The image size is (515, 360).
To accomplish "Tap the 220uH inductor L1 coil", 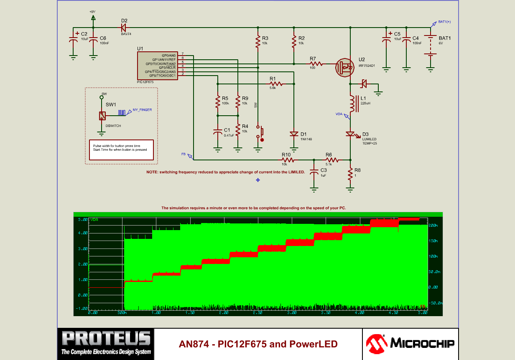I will coord(352,104).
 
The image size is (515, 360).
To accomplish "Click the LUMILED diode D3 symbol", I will coord(350,134).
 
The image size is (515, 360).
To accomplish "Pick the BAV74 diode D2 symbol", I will coord(124,28).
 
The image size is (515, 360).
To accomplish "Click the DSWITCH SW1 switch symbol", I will coord(102,116).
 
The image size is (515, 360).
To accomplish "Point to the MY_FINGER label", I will coord(142,110).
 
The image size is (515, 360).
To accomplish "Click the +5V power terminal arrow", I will coord(93,18).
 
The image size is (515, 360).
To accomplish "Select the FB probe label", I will coord(184,154).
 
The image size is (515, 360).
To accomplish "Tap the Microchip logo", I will coord(410,344).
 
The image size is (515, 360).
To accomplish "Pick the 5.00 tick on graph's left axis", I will coord(82,219).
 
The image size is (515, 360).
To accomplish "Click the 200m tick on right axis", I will coord(433,226).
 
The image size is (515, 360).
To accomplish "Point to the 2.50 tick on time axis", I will coord(257,312).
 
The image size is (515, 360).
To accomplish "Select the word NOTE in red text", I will coord(152,172).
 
